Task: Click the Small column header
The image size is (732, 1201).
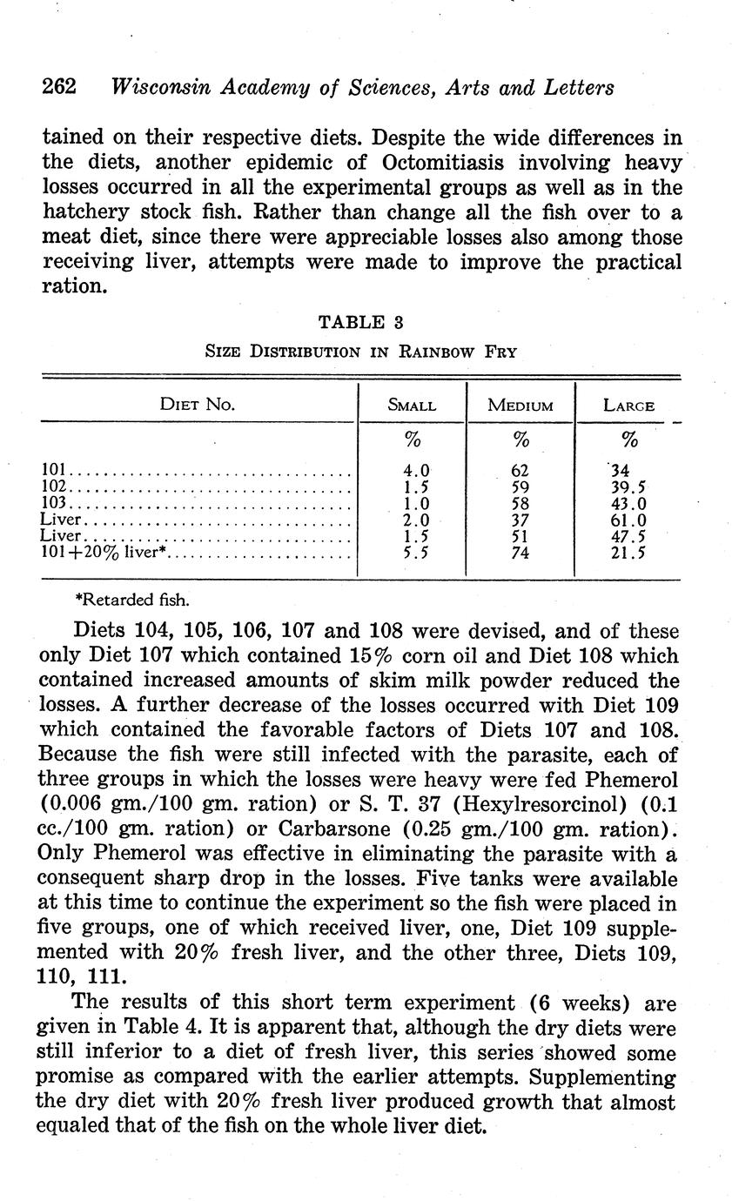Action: pyautogui.click(x=412, y=406)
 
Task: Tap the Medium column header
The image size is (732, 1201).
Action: pyautogui.click(x=520, y=406)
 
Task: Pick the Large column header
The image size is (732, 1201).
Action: pyautogui.click(x=628, y=406)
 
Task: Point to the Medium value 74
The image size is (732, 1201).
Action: pyautogui.click(x=520, y=553)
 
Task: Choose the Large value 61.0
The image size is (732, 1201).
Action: pyautogui.click(x=628, y=520)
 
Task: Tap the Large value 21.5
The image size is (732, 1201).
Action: pyautogui.click(x=628, y=553)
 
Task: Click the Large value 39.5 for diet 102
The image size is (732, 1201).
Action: pyautogui.click(x=628, y=488)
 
